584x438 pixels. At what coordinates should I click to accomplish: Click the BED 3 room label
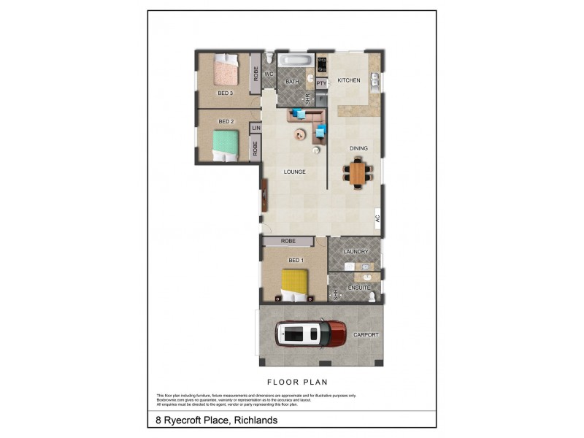click(x=225, y=93)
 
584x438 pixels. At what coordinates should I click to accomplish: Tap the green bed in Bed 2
click(x=226, y=145)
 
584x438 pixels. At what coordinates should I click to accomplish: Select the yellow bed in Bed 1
click(x=295, y=284)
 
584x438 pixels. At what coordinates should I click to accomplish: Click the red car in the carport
click(x=311, y=334)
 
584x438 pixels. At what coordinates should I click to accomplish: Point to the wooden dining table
click(x=357, y=173)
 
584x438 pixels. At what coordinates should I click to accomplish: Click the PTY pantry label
click(x=321, y=83)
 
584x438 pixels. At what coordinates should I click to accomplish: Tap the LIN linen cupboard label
click(x=255, y=128)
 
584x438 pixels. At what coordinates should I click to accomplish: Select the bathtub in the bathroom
click(x=296, y=60)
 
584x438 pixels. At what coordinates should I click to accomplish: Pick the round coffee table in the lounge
click(x=300, y=134)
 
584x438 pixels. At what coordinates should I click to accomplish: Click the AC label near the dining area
click(x=377, y=218)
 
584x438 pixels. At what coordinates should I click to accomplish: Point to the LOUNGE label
click(x=294, y=172)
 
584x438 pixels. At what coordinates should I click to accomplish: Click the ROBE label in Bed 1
click(x=287, y=241)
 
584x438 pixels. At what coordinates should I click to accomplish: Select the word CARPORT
click(x=366, y=334)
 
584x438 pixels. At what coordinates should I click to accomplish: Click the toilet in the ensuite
click(x=371, y=296)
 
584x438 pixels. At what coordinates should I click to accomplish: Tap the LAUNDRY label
click(x=356, y=252)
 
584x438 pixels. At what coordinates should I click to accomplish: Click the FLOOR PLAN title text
click(x=297, y=382)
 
